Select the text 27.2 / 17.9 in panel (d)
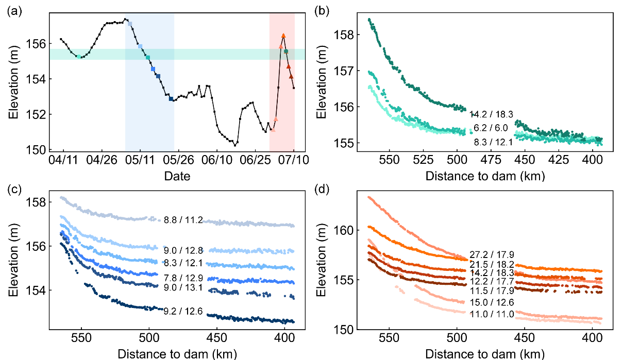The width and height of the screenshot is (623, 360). point(492,254)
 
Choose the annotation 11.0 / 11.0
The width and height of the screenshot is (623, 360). point(492,313)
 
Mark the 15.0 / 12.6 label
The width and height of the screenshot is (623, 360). point(492,302)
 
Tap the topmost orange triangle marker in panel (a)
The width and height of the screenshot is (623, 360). point(283,36)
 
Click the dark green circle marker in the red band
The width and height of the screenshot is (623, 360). point(286,52)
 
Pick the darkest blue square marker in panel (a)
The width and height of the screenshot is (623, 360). point(171,98)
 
